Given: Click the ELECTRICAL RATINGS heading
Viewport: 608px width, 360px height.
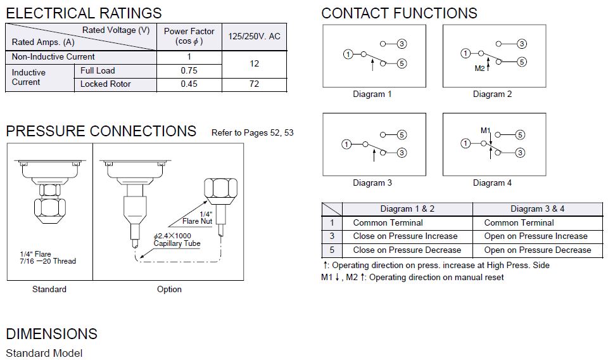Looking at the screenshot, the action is click(x=84, y=13).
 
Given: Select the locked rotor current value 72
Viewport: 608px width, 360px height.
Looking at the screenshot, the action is click(x=254, y=84).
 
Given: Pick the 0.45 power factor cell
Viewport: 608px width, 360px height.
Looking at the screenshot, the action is click(x=189, y=84).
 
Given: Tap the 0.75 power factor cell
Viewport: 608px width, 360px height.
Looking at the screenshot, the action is click(x=189, y=70).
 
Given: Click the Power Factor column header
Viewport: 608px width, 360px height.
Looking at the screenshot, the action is click(x=189, y=36).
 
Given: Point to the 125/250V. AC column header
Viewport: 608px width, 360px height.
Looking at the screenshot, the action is click(x=254, y=37).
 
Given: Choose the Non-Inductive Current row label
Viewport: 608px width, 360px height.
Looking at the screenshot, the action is click(x=53, y=57).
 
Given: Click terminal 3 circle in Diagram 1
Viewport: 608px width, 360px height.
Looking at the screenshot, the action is click(x=402, y=44).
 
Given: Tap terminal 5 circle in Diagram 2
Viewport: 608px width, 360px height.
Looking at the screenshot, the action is click(x=522, y=61).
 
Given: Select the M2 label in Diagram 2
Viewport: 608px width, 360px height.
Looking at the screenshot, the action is click(x=479, y=68).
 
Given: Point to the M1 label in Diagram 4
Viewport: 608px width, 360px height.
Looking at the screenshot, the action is click(x=485, y=131).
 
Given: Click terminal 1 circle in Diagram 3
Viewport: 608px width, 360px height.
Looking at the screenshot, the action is click(x=346, y=144).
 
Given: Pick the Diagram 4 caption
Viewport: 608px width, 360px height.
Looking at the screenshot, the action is click(x=492, y=183).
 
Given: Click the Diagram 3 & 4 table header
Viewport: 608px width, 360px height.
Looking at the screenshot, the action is click(x=537, y=209).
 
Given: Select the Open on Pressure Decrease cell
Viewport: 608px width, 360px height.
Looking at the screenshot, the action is click(x=537, y=250).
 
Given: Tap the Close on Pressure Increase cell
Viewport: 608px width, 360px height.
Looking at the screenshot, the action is click(x=405, y=236).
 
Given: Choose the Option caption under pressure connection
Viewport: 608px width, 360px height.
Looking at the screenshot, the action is click(x=169, y=290).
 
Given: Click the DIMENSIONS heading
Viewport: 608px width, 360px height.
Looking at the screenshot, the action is click(x=52, y=334).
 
